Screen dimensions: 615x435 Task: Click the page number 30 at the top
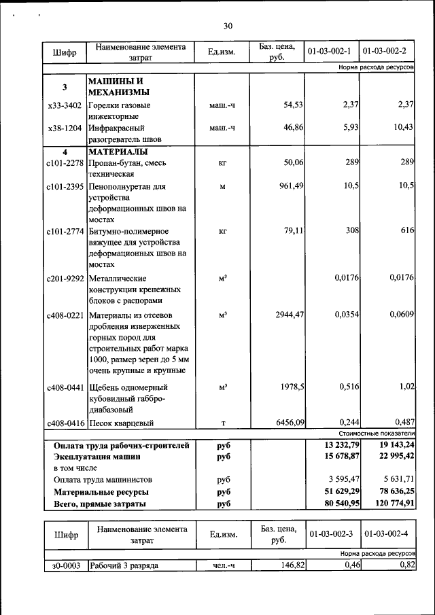click(228, 26)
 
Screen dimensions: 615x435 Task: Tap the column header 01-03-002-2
click(387, 52)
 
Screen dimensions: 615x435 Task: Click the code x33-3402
click(65, 105)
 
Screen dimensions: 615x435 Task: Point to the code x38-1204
click(65, 128)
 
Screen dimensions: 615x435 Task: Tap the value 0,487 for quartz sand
click(402, 423)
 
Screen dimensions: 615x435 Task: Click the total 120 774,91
click(394, 504)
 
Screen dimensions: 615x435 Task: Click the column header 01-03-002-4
click(387, 535)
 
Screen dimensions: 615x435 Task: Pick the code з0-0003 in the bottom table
click(65, 565)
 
